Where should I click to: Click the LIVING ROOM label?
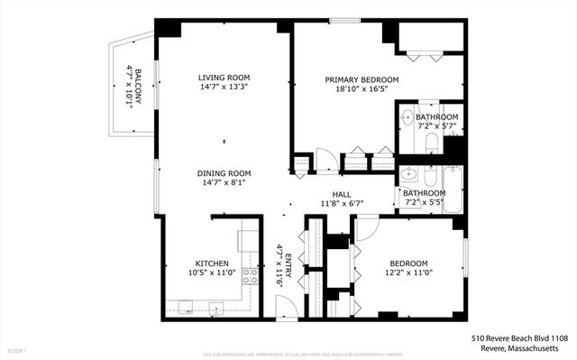[224, 78]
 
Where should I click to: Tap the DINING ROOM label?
[224, 172]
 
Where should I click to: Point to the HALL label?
[342, 194]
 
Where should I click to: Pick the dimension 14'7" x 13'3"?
[224, 88]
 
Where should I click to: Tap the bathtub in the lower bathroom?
[452, 190]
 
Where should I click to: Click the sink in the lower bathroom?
[407, 173]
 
